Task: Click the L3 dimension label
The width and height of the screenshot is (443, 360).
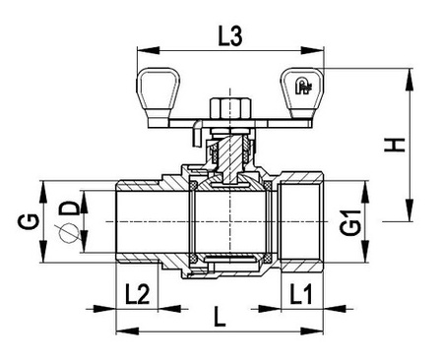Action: [228, 37]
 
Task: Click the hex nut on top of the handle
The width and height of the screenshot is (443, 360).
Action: [227, 106]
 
